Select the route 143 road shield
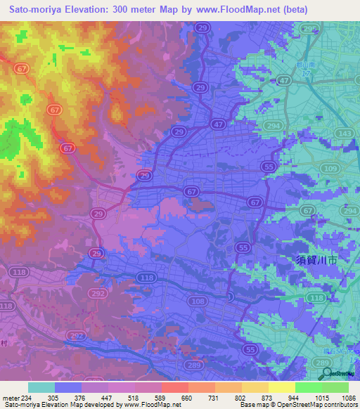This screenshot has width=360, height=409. (x=344, y=133)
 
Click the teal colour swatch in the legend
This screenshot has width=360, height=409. (x=41, y=388)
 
